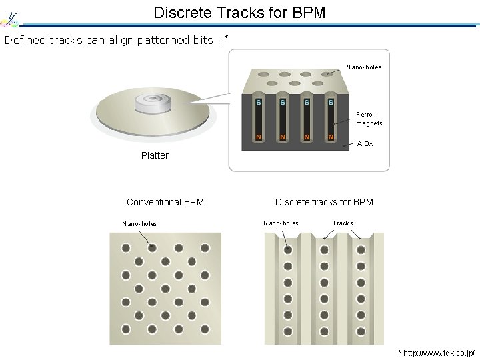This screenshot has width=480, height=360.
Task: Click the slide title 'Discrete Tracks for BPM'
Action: tap(239, 12)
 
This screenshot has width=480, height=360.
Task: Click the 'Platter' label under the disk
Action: tap(155, 155)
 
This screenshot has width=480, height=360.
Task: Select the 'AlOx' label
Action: tap(365, 144)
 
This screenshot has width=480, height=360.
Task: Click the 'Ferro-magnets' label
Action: tap(369, 119)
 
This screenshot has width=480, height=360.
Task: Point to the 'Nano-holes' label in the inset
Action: tap(364, 67)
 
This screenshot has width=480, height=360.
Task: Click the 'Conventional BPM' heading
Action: tap(165, 202)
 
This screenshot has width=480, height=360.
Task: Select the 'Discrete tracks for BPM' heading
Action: tap(324, 202)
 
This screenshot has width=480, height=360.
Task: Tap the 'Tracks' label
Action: tap(343, 223)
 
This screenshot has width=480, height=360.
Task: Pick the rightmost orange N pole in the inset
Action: tap(331, 137)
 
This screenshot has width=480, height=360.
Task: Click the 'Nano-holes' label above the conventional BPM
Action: tap(140, 223)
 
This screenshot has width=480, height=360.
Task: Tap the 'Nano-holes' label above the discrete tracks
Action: tap(281, 223)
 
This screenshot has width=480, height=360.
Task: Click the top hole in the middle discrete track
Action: tap(324, 249)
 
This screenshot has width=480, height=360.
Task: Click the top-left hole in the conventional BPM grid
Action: tap(125, 248)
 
